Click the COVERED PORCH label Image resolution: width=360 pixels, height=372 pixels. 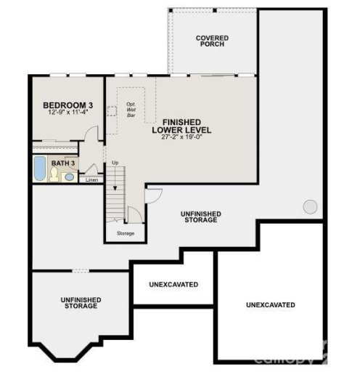[x=211, y=41]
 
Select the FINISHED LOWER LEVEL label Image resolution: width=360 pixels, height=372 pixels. [x=181, y=126]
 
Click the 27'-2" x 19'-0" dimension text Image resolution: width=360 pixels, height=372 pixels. [x=181, y=137]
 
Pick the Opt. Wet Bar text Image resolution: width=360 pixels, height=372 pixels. [x=131, y=110]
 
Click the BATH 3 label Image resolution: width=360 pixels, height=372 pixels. [x=63, y=163]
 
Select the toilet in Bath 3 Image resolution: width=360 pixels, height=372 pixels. [x=55, y=174]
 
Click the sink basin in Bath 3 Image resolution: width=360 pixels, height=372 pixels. [x=70, y=177]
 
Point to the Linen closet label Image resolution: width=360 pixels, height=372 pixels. [x=91, y=179]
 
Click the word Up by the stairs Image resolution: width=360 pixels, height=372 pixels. [x=115, y=162]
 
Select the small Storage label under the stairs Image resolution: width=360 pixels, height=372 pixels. [x=126, y=233]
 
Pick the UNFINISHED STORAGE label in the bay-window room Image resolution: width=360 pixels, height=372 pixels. [x=80, y=303]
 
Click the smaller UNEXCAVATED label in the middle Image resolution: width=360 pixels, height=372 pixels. [x=173, y=284]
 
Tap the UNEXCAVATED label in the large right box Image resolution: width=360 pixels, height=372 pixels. [x=271, y=304]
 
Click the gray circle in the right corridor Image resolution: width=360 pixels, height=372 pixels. [x=310, y=207]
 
